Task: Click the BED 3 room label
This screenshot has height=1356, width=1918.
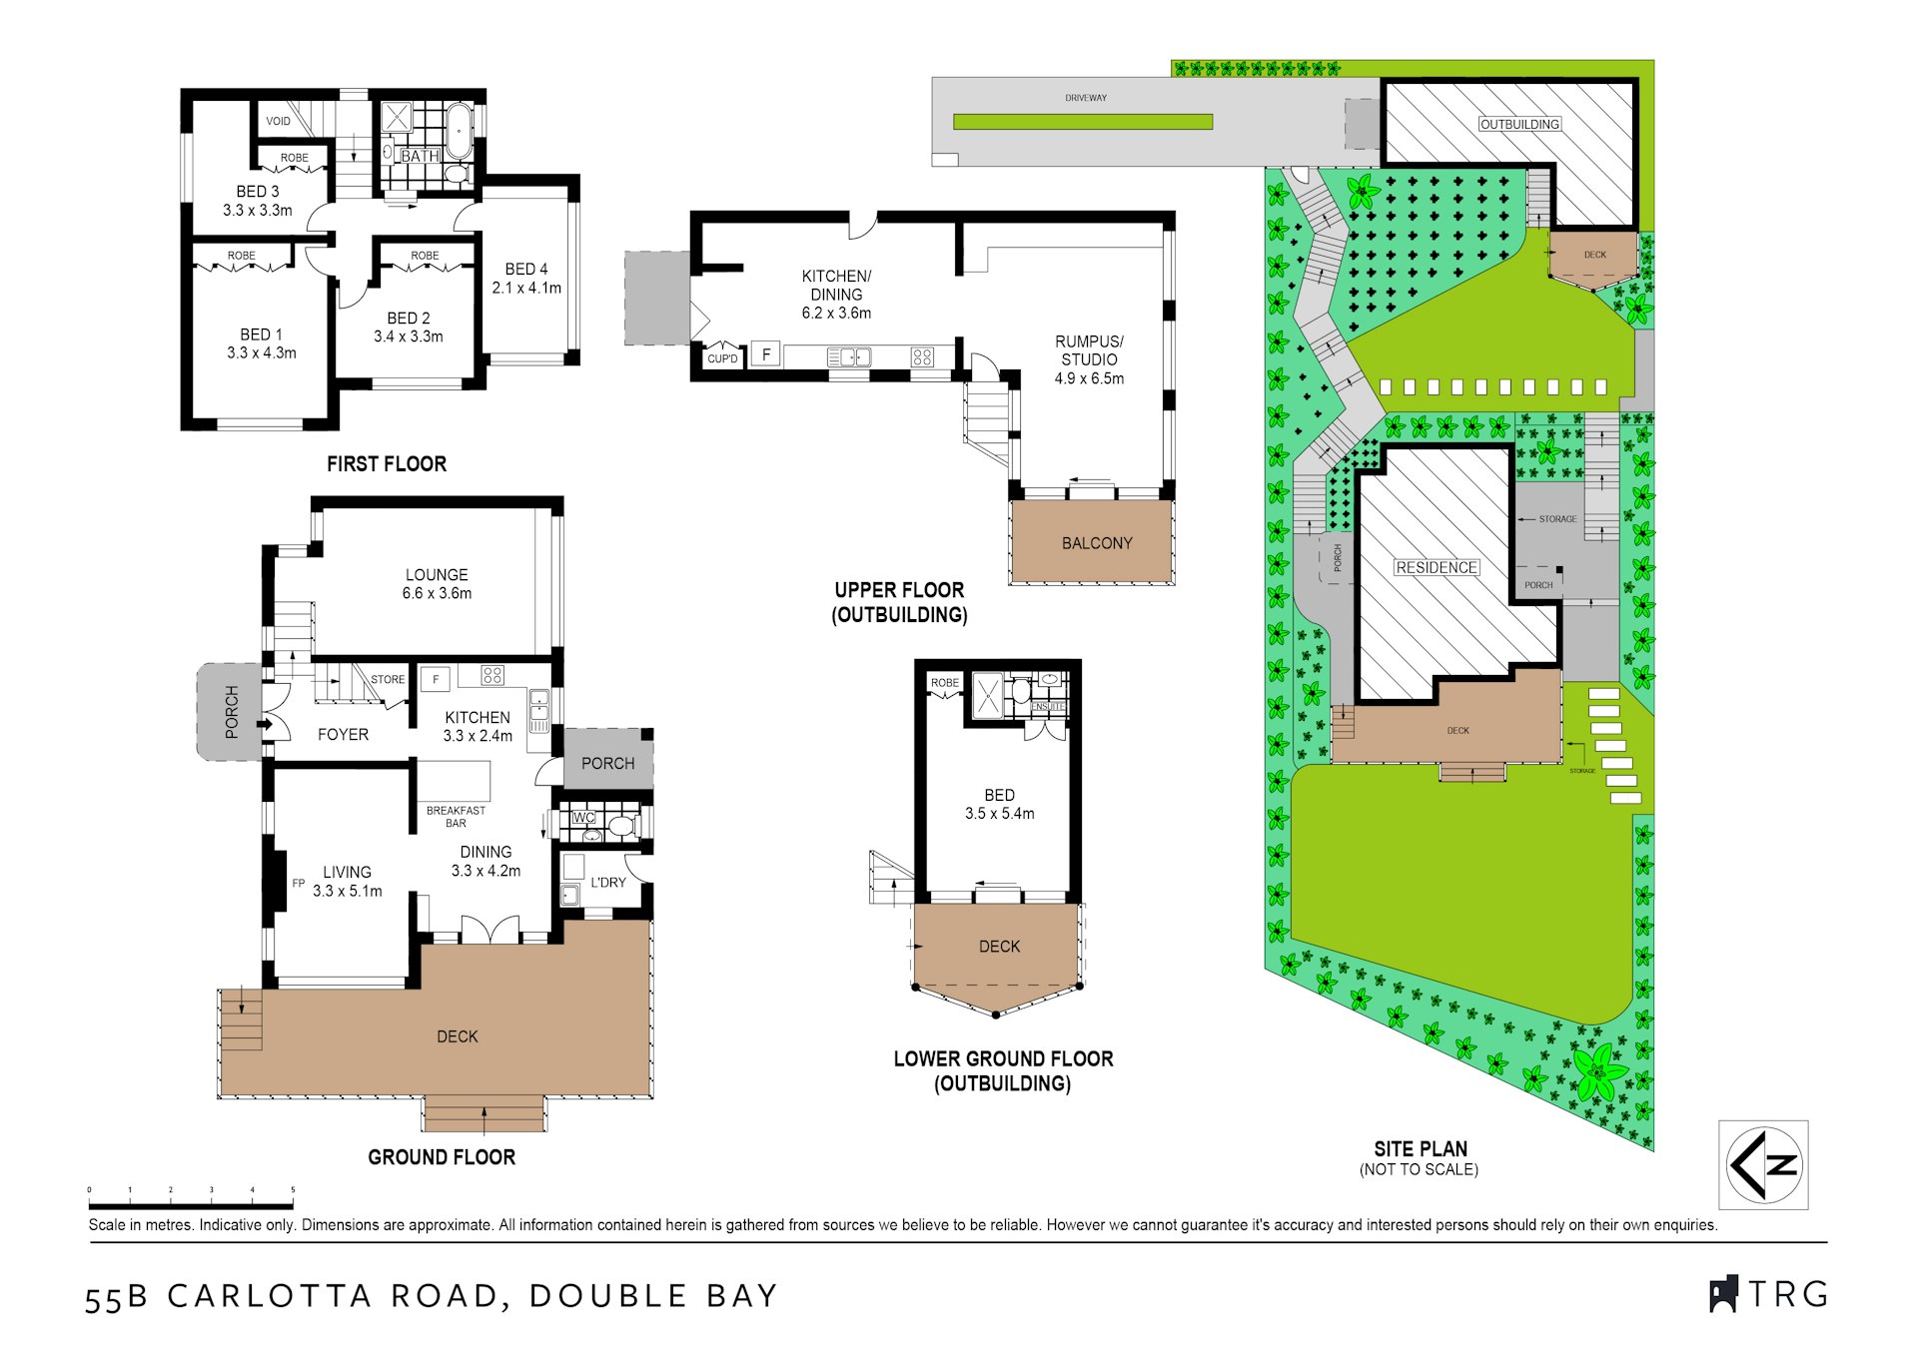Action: coord(258,191)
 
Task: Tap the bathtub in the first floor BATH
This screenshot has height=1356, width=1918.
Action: coord(458,131)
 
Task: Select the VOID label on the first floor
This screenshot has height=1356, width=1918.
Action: coord(278,122)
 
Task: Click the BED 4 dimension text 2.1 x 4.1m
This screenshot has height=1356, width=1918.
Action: coord(526,288)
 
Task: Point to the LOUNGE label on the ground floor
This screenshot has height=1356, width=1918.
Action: coord(437,574)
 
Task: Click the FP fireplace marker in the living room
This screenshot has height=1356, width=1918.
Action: coord(298,883)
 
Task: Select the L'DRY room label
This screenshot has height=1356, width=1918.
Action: coord(607,883)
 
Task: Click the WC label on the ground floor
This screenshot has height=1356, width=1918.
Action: coord(583,818)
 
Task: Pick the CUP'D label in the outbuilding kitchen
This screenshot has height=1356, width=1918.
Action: coord(722,358)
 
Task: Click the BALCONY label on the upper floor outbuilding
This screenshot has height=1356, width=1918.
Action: coord(1097,543)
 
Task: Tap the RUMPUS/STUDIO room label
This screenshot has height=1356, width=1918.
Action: coord(1089,350)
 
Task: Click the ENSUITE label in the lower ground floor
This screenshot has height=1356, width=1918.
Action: coord(1048,706)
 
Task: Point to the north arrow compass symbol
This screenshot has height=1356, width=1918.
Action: coord(1763,1164)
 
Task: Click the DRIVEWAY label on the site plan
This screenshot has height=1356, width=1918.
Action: coord(1086,98)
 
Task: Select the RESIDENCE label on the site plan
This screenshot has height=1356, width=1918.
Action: coord(1437,567)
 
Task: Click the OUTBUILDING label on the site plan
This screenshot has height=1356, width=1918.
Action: coord(1519,124)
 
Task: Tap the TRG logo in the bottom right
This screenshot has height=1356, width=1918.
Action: coord(1768,1294)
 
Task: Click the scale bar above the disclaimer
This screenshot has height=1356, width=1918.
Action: coord(191,1206)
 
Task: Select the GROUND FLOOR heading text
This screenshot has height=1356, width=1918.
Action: coord(442,1157)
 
